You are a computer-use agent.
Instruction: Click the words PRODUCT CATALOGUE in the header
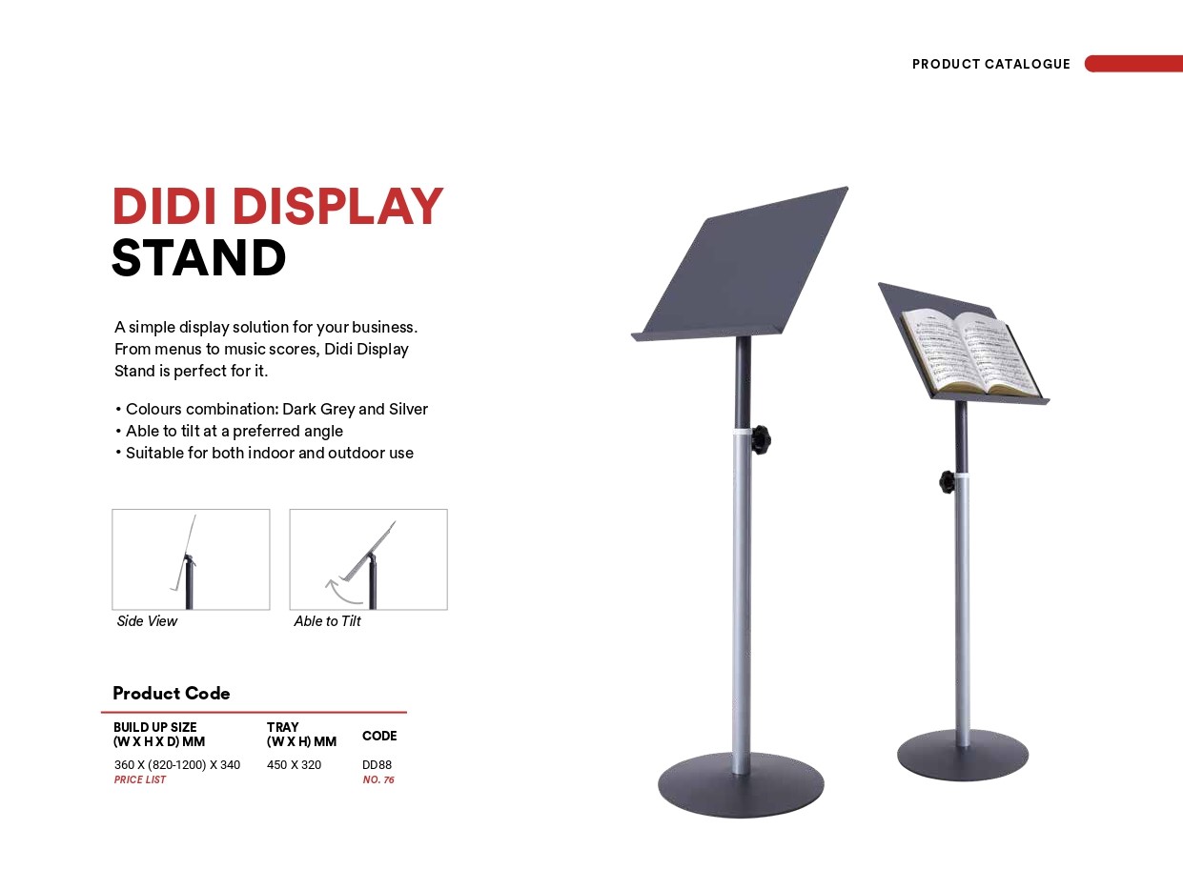(990, 64)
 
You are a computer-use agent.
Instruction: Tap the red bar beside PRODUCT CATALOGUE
(1133, 63)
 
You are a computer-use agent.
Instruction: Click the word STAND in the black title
(198, 257)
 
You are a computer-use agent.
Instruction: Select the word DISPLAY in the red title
(337, 206)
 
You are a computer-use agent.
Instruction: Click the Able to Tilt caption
(327, 621)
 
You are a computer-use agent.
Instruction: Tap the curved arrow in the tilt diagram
(342, 593)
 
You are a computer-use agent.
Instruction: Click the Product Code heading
(172, 693)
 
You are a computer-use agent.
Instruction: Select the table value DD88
(377, 764)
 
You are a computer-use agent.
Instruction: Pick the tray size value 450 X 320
(295, 764)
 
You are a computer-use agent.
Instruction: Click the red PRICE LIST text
(140, 779)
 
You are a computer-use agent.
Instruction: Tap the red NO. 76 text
(378, 779)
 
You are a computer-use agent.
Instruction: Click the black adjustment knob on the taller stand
(761, 439)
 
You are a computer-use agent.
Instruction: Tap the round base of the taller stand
(741, 784)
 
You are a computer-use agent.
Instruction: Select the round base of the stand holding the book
(962, 755)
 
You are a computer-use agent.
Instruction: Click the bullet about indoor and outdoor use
(264, 453)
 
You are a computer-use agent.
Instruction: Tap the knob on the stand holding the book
(947, 481)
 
